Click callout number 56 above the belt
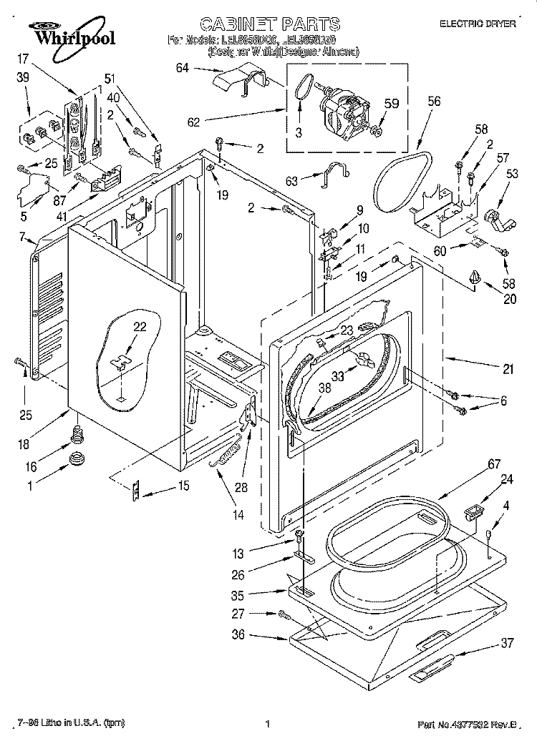434,102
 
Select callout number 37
507,643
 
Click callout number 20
509,299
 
